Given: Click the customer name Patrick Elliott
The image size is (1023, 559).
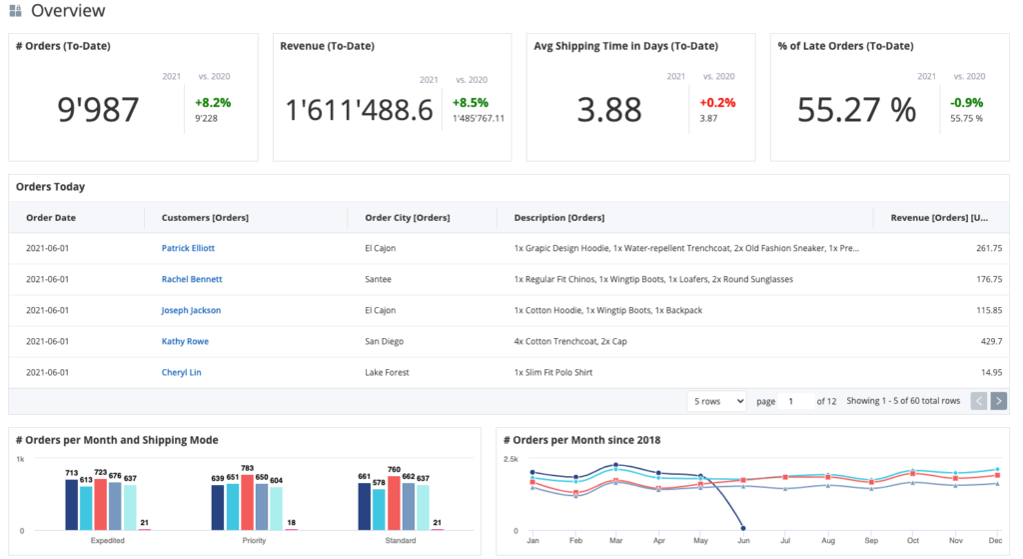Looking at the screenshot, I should (x=188, y=248).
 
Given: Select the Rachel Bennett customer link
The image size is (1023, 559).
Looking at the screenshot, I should (x=192, y=279).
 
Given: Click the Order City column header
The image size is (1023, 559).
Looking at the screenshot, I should (x=408, y=218).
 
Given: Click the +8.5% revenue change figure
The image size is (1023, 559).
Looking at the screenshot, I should (x=470, y=102).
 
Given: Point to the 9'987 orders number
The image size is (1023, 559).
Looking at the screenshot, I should (x=99, y=110).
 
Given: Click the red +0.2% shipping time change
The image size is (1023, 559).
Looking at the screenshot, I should (x=717, y=102).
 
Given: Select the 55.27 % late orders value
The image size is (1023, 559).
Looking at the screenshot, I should (x=856, y=110).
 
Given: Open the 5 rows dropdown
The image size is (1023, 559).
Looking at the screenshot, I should (x=716, y=401).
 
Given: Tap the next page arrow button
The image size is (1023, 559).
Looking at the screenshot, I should (x=998, y=401).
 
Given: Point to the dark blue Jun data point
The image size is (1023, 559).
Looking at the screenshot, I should (x=742, y=527).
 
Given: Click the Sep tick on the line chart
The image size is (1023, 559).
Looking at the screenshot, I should (x=872, y=539).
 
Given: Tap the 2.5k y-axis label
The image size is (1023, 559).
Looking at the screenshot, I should (x=510, y=459).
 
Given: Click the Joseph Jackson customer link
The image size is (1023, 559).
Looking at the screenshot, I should (x=191, y=311).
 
